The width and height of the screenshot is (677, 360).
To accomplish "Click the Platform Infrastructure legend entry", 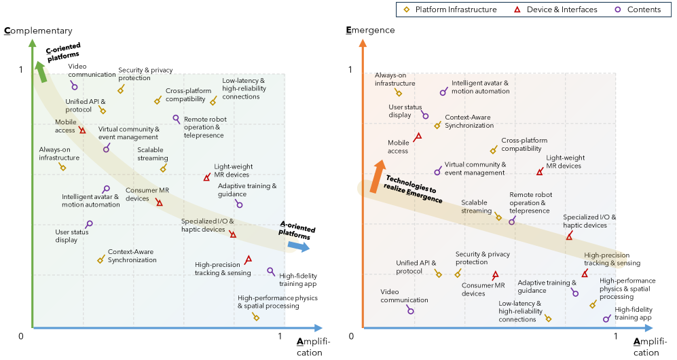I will pyautogui.click(x=450, y=10).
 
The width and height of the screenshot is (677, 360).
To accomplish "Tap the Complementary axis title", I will pyautogui.click(x=38, y=31).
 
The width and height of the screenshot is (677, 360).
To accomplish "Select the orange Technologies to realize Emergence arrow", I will pyautogui.click(x=374, y=177).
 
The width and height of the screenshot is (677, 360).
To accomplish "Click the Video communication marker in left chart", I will pyautogui.click(x=74, y=86).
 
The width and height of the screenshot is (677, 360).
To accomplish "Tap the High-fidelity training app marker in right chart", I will pyautogui.click(x=606, y=319).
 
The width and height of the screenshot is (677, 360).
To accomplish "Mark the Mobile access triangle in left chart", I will pyautogui.click(x=82, y=130).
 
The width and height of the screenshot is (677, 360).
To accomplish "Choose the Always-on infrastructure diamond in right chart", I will pyautogui.click(x=399, y=93).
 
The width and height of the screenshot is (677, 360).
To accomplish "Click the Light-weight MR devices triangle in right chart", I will pyautogui.click(x=540, y=172).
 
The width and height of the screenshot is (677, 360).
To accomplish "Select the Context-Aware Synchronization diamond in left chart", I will pyautogui.click(x=101, y=259).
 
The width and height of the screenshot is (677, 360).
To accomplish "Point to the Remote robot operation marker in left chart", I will pyautogui.click(x=177, y=119).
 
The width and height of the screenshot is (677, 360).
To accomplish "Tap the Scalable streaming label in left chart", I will pyautogui.click(x=152, y=154).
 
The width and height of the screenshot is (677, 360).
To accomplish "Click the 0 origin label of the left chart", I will pyautogui.click(x=21, y=336).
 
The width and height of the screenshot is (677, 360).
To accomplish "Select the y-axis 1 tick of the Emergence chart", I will pyautogui.click(x=351, y=70).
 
